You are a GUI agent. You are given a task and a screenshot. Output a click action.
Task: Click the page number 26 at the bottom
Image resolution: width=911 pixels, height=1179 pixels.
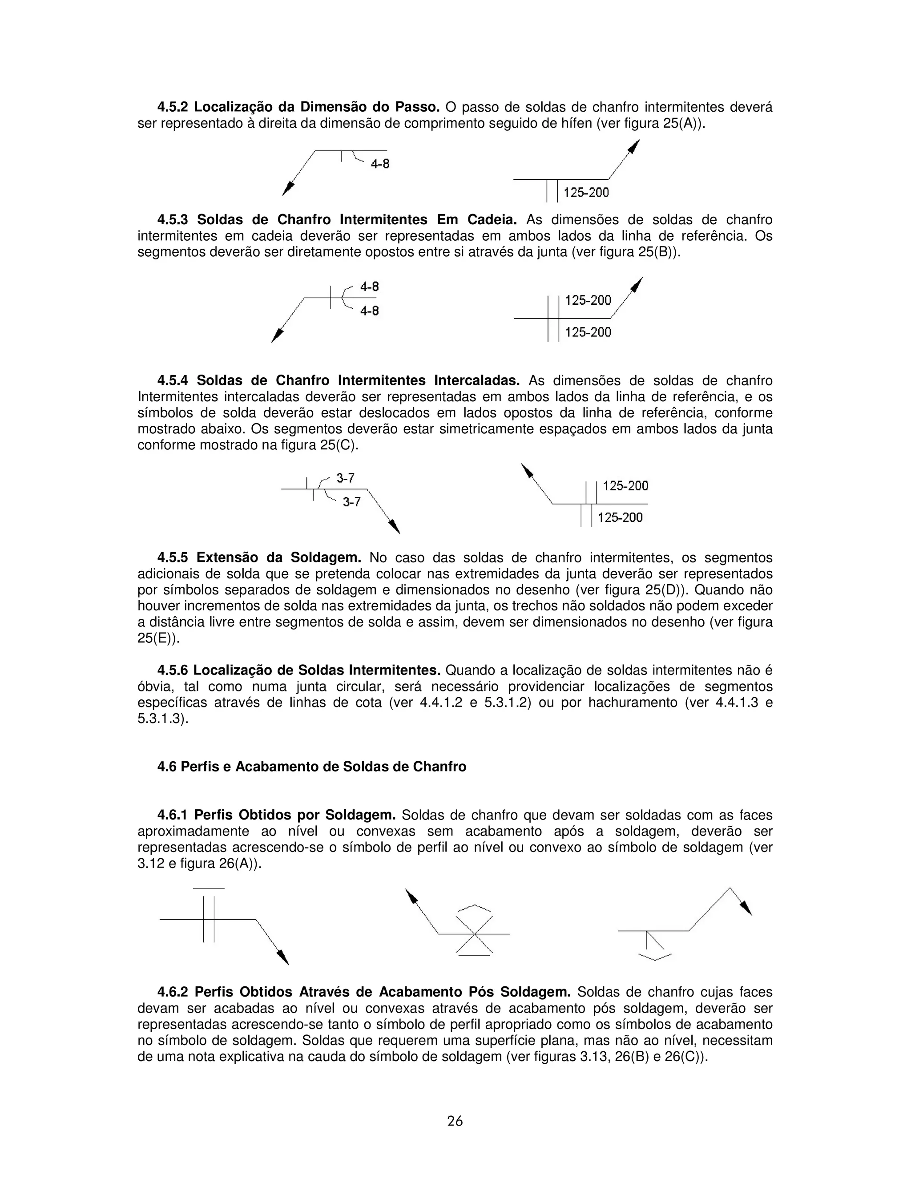455,1121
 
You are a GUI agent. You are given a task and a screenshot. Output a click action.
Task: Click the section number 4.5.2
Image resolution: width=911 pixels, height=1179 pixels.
173,107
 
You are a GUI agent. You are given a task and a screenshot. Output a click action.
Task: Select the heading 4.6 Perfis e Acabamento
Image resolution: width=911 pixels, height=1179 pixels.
311,767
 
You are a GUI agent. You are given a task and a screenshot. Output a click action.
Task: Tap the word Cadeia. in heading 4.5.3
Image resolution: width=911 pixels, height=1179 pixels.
491,220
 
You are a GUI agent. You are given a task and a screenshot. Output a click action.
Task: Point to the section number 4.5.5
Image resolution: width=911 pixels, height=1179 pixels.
173,557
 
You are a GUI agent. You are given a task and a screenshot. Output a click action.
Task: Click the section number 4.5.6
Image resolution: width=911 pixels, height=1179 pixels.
173,670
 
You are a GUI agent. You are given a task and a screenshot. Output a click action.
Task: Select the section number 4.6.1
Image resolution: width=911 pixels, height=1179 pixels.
173,815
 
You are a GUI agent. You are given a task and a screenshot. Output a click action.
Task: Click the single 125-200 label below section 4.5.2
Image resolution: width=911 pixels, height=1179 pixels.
586,192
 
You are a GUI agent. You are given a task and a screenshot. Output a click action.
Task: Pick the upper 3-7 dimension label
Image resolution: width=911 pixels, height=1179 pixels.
345,478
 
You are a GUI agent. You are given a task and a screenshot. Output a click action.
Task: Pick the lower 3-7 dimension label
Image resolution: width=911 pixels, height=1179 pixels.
351,502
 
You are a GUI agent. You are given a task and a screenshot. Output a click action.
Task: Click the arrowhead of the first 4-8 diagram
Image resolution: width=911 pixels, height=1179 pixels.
288,189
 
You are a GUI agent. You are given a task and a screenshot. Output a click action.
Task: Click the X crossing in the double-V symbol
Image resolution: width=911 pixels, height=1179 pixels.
474,934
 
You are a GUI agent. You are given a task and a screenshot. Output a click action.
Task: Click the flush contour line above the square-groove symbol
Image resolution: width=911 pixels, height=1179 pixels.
208,888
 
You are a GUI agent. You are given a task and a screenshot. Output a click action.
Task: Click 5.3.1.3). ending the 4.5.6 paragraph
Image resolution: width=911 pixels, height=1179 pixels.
162,719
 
